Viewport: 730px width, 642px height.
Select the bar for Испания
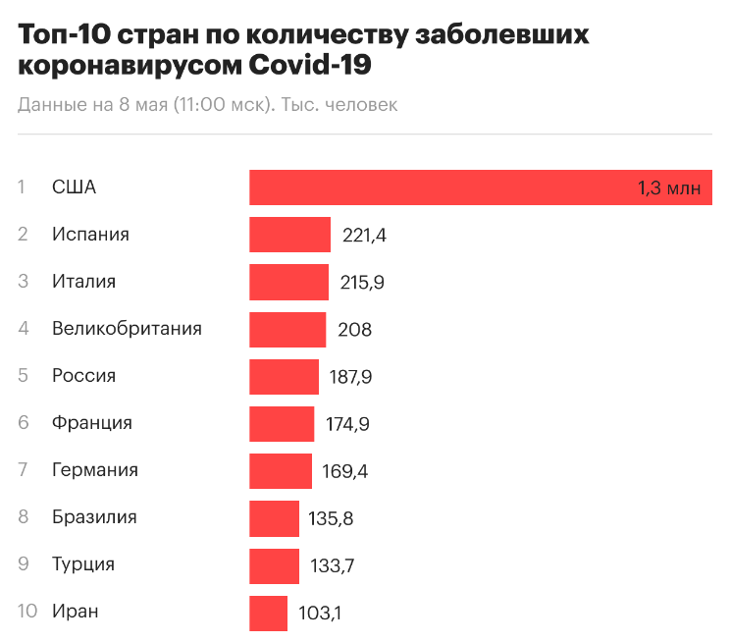(289, 235)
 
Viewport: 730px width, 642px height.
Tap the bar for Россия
(284, 376)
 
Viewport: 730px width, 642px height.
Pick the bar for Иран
(268, 614)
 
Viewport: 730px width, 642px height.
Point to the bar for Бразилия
(274, 518)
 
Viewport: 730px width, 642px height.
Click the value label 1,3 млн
(669, 187)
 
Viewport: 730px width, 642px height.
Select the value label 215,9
(362, 283)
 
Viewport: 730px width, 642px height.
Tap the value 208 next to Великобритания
(354, 330)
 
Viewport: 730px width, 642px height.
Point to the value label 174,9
(347, 424)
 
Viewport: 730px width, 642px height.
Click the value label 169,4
(345, 471)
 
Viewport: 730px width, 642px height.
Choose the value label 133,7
(332, 565)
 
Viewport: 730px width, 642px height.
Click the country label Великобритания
(127, 328)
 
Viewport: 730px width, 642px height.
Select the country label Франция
(91, 423)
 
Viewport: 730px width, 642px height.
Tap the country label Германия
(94, 470)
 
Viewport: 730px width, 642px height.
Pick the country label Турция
(83, 564)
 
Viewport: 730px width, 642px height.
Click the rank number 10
(27, 611)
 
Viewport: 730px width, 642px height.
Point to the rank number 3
(24, 281)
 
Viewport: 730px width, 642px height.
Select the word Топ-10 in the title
(65, 36)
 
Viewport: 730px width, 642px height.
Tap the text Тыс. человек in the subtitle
(339, 105)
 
